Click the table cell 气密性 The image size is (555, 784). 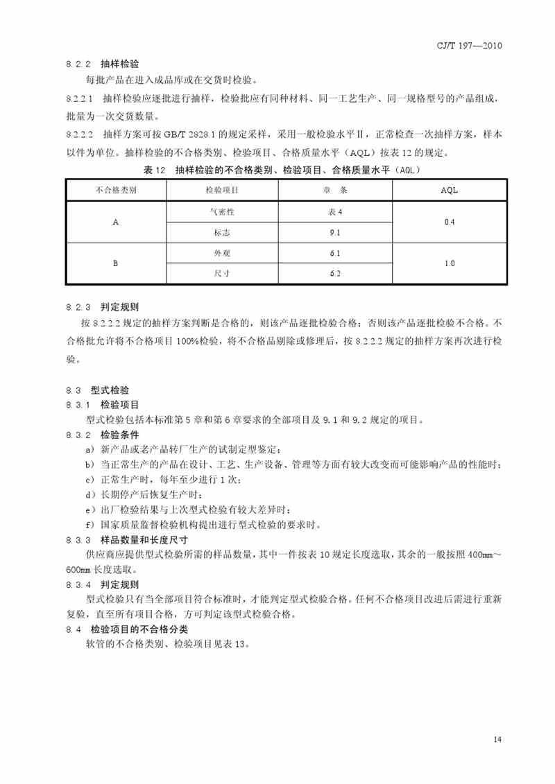(222, 211)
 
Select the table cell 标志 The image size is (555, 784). (222, 233)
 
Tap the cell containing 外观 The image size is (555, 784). (222, 253)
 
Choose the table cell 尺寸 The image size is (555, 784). (222, 274)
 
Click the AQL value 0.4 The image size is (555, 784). (449, 222)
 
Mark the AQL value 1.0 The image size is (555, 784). (449, 263)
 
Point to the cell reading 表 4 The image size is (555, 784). (335, 211)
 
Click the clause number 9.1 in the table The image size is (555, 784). (335, 233)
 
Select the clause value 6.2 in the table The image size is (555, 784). (335, 274)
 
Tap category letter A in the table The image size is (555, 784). (116, 222)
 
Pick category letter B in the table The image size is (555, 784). (116, 263)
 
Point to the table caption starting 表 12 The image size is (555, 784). (282, 169)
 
